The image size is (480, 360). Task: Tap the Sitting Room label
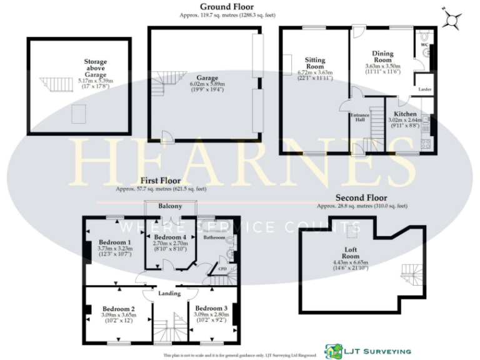click(315, 62)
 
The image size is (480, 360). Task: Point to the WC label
click(424, 46)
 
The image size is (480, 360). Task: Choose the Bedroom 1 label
click(115, 242)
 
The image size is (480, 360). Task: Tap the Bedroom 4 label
click(170, 238)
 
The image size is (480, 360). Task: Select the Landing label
click(169, 293)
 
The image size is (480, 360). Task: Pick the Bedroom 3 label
click(211, 308)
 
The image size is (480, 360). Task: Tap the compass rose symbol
click(453, 19)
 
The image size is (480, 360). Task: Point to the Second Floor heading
click(361, 197)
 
